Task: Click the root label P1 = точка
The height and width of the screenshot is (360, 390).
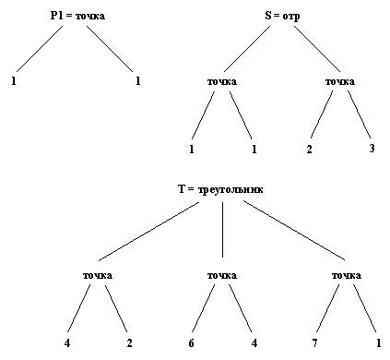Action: coord(77,16)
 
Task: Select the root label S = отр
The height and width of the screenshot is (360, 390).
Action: coord(282,16)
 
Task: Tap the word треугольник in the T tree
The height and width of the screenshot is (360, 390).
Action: coord(230,189)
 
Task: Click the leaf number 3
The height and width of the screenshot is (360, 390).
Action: coord(372,149)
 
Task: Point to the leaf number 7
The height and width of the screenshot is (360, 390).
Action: coord(314,343)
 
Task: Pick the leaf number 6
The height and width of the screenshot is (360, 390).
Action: coord(191,343)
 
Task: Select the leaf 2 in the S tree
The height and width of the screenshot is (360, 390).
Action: coord(309,150)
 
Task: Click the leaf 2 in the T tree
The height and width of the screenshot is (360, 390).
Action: coord(130,343)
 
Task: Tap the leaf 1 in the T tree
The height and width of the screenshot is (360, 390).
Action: coord(379,343)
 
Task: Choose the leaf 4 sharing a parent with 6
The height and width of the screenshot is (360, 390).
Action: coord(254,343)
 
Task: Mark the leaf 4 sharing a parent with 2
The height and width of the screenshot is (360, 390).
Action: coord(67,343)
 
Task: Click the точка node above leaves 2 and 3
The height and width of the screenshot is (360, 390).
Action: coord(340,82)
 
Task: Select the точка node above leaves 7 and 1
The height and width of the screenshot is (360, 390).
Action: coord(347,275)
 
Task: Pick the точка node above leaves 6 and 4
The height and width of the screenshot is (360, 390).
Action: coord(222,275)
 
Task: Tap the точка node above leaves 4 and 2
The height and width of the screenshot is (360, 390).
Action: coord(98,275)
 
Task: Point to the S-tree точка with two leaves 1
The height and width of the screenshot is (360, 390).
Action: coord(222,82)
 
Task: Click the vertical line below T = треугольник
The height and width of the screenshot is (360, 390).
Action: coord(222,230)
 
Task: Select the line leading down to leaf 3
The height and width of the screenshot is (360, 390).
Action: coord(360,114)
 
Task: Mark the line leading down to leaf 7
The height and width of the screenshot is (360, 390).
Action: coord(328,308)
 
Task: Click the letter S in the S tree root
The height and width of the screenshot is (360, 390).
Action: coord(268,16)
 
